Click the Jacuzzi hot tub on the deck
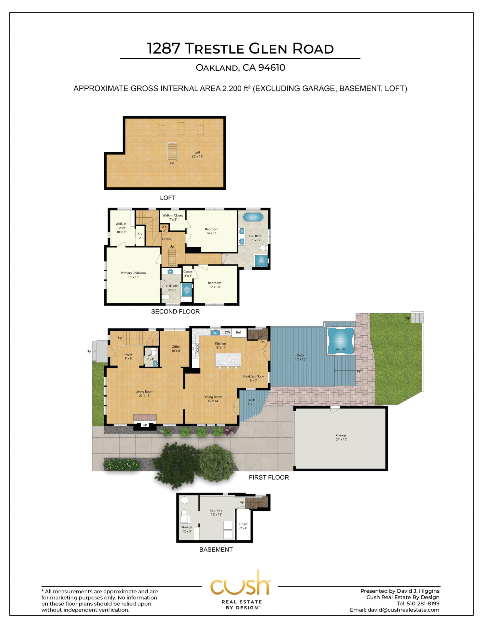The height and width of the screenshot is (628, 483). point(341,341)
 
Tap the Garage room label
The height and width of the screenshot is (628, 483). point(341,435)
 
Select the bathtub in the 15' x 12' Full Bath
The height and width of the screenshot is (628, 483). point(253,217)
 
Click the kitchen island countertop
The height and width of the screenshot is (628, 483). point(228,360)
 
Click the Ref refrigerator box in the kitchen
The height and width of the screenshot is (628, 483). point(239,333)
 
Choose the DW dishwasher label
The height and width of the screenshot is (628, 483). point(227,332)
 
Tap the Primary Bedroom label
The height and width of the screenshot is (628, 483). point(133,273)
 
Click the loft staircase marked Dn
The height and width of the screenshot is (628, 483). point(172,151)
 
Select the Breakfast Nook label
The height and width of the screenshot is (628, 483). point(253,376)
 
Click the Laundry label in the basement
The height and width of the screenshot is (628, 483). point(216,510)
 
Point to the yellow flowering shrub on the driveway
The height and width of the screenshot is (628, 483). point(122,465)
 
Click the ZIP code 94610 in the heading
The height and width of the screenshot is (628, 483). point(272,67)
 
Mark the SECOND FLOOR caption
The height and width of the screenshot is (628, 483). point(175,312)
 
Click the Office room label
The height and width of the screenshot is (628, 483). point(176,347)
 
